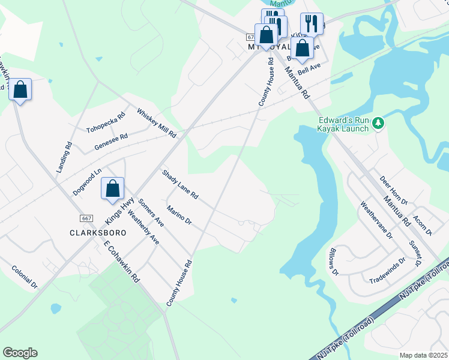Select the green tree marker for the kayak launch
[378, 123]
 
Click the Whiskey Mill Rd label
[156, 123]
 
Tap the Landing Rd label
[64, 157]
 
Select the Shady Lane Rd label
[180, 184]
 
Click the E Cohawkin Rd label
[121, 262]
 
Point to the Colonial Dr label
[25, 277]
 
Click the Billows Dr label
[334, 262]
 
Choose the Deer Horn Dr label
[394, 190]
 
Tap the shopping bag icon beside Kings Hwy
[112, 188]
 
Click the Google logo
[20, 353]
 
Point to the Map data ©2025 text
[423, 355]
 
